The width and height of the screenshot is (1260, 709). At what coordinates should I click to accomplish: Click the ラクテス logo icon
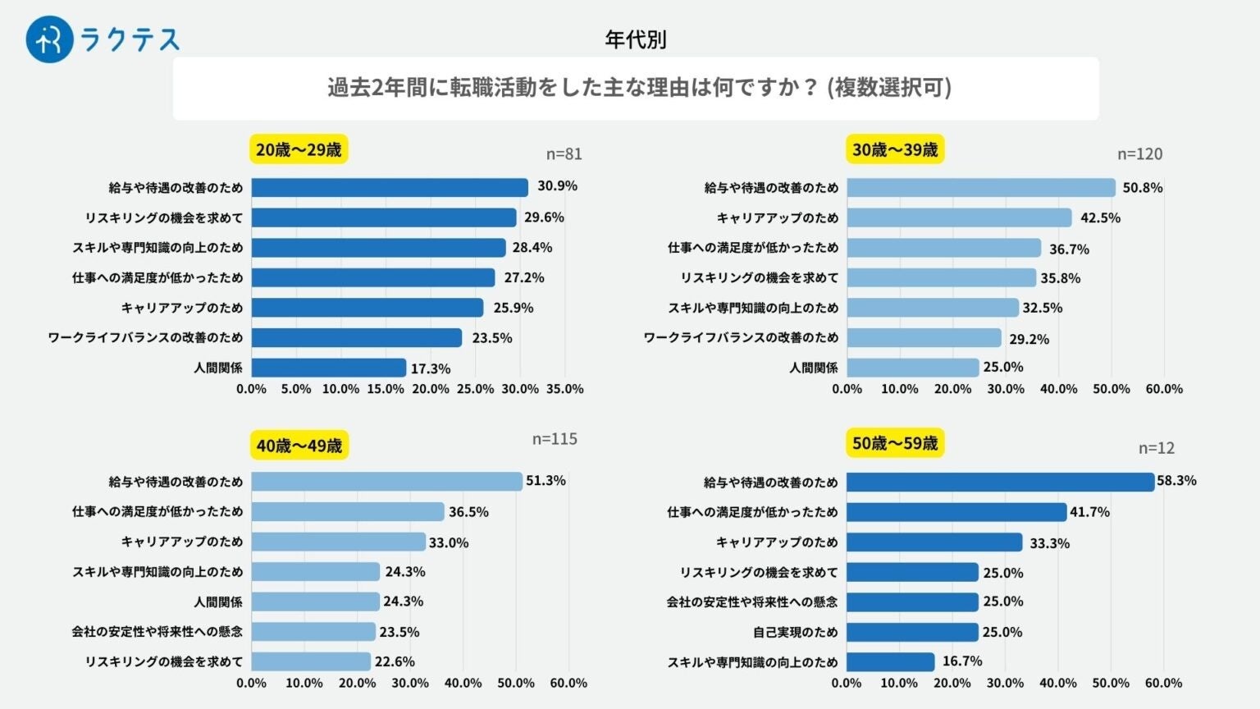coord(49,39)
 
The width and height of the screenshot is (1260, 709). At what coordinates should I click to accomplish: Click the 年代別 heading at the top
coord(635,39)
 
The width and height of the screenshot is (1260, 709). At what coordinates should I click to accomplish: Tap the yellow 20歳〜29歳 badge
coord(299,149)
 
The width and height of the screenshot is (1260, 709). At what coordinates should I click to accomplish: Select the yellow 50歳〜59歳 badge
coord(894,443)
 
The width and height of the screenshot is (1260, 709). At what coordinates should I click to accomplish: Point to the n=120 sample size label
coord(1139,154)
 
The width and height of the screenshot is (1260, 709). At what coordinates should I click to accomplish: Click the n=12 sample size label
coord(1156,448)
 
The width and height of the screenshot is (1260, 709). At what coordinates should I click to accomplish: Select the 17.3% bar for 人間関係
coord(328,368)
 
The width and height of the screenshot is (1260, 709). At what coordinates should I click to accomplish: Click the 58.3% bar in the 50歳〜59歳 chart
coord(999,482)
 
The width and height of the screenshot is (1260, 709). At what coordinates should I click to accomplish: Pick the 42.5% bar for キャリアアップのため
coord(959,217)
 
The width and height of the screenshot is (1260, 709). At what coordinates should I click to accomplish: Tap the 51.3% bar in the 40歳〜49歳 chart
coord(386,481)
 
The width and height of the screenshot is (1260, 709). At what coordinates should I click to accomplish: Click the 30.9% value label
coord(557,186)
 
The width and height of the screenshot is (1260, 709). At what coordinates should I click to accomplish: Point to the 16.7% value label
coord(962,661)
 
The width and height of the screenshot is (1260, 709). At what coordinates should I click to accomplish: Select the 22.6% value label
coord(395,661)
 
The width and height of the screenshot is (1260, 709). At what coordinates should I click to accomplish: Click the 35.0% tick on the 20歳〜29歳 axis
coord(565,389)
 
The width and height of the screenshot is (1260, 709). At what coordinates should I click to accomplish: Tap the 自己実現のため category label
coord(795,632)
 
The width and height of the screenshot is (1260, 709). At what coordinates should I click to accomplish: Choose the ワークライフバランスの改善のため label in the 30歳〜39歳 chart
coord(741,337)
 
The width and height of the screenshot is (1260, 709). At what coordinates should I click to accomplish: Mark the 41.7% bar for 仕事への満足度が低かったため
coord(956,512)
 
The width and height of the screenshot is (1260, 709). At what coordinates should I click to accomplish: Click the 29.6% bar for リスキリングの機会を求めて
coord(383,217)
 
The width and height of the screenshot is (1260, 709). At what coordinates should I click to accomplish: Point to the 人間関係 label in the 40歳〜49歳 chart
coord(218,602)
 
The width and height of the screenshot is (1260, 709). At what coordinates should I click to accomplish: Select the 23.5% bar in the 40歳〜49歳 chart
coord(313,631)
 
